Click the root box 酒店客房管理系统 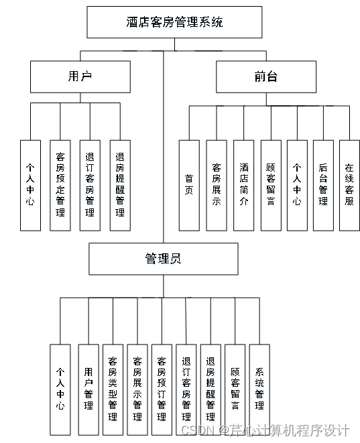coord(174,22)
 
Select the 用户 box coord(80,76)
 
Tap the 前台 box coord(265,76)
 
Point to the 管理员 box coord(163,259)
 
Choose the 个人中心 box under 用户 coord(30,186)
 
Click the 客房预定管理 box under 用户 coord(60,186)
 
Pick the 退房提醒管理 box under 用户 coord(119,186)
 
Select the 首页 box coord(189,186)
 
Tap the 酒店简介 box coord(243,186)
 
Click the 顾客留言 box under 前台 coord(271,186)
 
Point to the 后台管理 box coord(322,186)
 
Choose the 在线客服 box coord(349,186)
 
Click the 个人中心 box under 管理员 coord(60,389)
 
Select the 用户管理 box coord(88,389)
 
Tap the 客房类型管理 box coord(113,389)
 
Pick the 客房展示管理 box coord(137,389)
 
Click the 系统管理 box coord(259,389)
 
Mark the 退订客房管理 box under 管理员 coord(186,389)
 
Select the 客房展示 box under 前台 coord(216,186)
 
